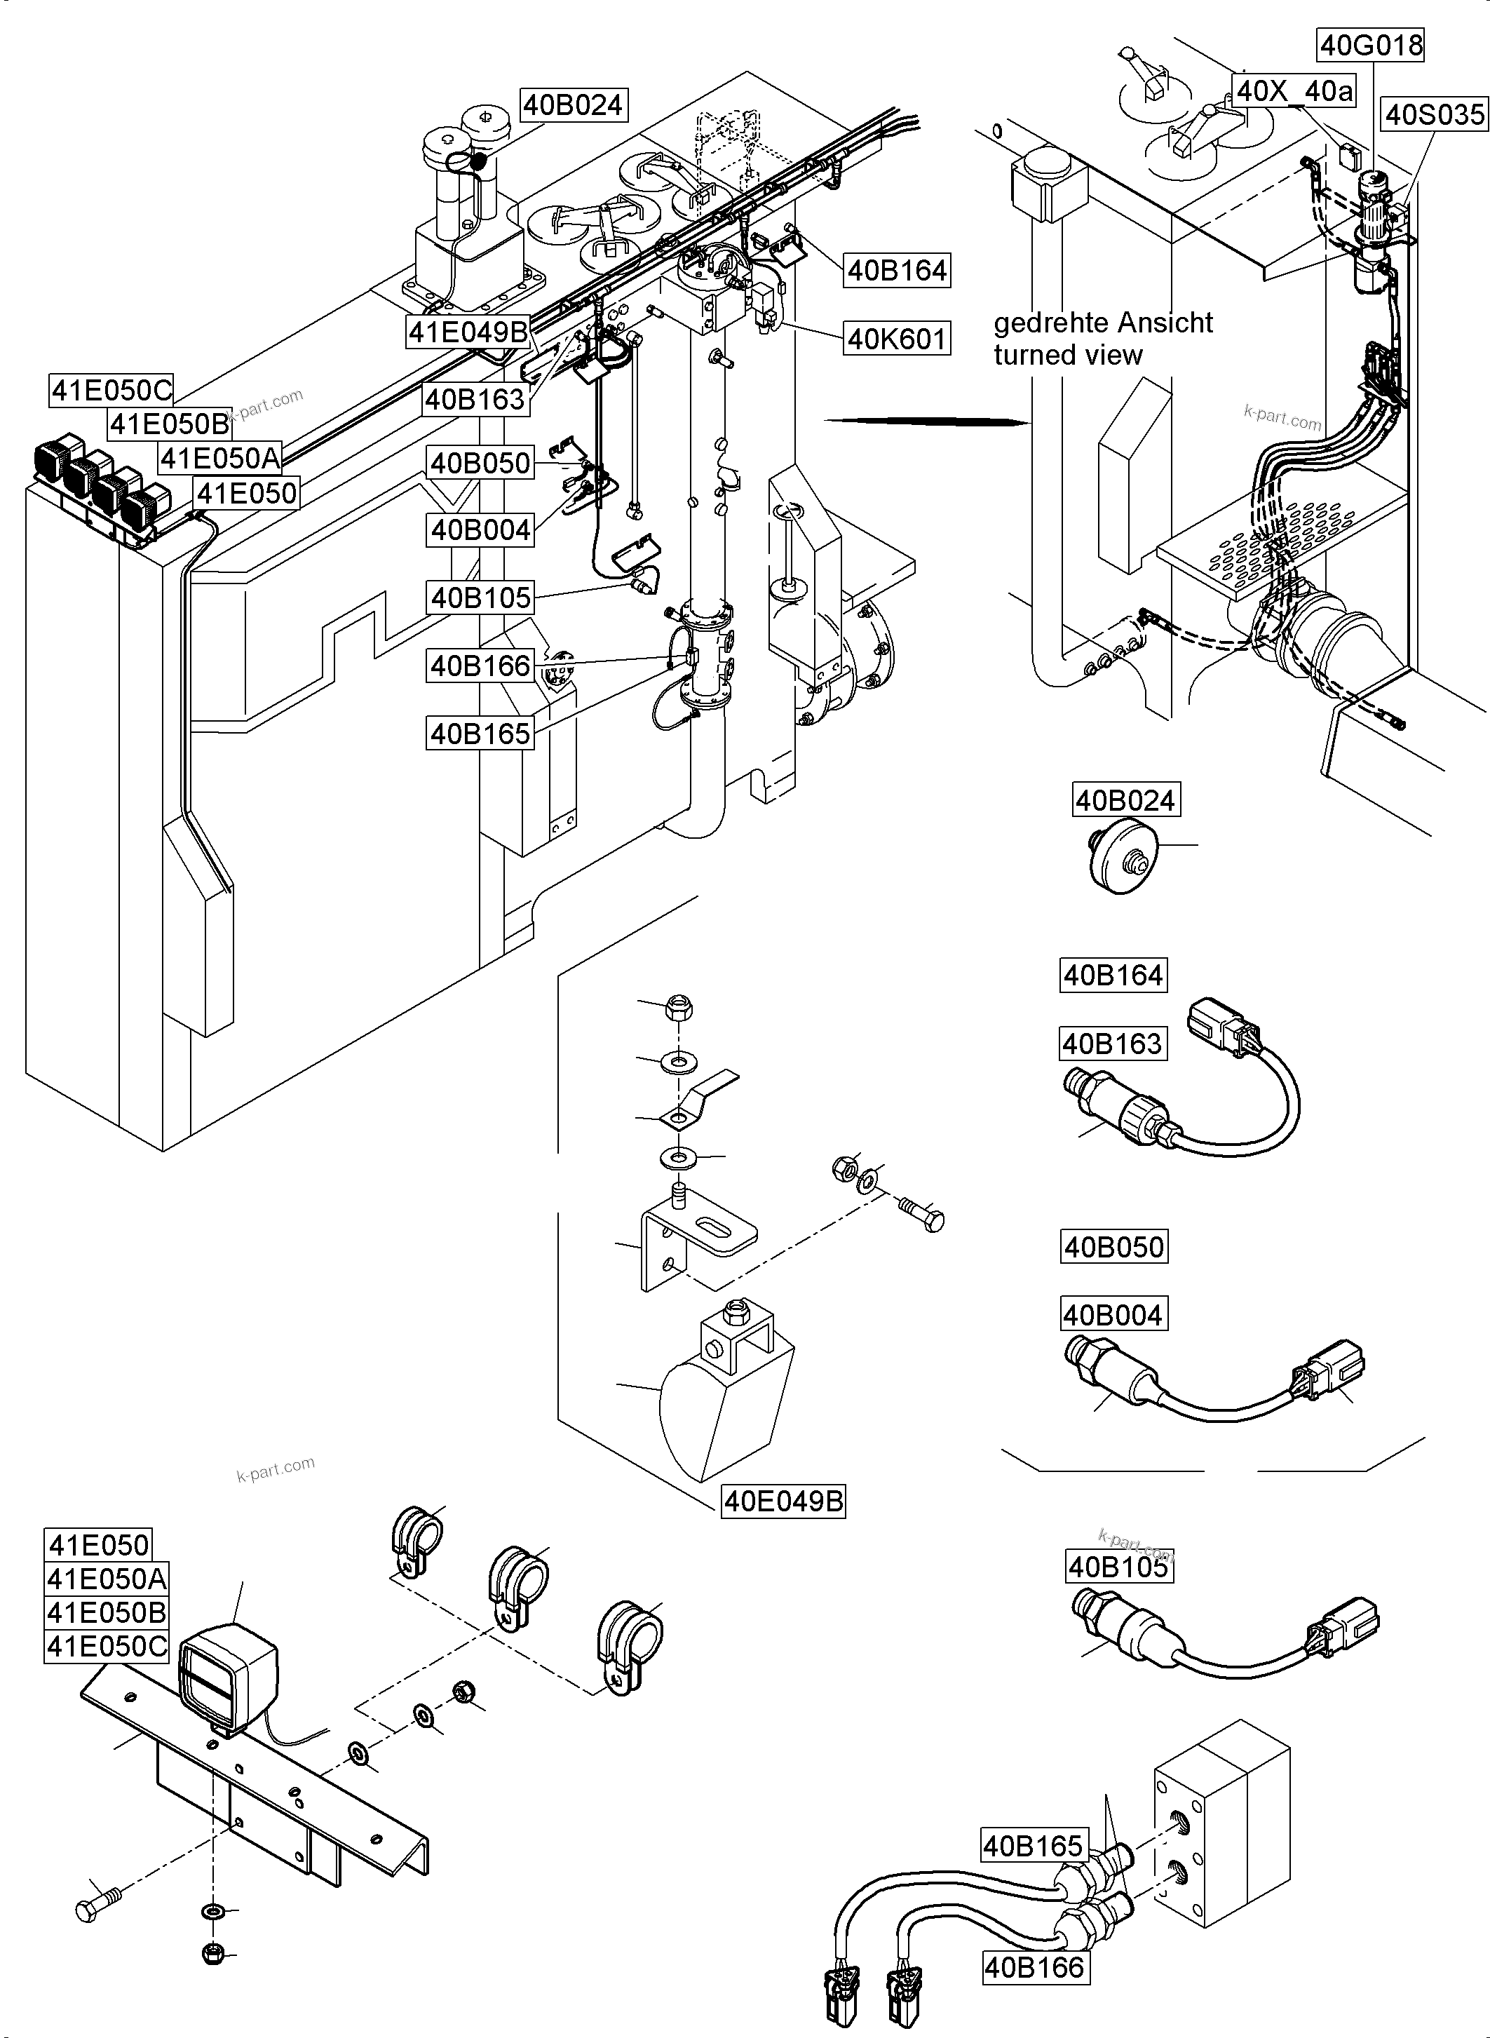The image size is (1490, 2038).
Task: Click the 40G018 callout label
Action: tap(1371, 44)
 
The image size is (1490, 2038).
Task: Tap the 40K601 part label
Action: tap(898, 339)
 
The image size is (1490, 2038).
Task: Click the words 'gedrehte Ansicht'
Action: tap(1102, 323)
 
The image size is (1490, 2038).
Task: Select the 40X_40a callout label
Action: tap(1294, 90)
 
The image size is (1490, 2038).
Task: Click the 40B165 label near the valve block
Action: tap(1033, 1846)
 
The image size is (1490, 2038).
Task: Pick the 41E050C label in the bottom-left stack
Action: tap(107, 1647)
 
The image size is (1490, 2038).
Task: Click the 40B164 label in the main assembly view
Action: tap(898, 270)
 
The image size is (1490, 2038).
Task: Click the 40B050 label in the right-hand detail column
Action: tap(1114, 1247)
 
